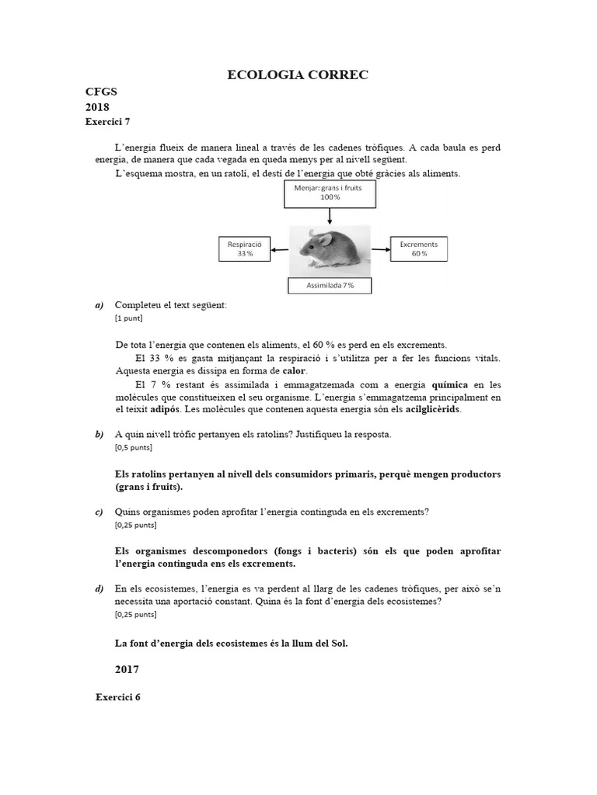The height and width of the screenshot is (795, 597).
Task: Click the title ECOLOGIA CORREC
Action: click(298, 75)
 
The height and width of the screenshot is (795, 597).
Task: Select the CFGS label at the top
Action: click(99, 92)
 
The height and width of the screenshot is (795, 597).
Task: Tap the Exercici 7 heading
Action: click(113, 122)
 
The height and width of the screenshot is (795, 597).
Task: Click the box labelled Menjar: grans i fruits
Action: click(330, 193)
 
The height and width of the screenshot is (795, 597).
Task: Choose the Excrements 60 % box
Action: click(418, 249)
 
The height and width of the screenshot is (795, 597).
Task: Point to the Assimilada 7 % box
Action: click(330, 286)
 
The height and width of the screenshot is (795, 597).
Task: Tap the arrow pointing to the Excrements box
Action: click(380, 250)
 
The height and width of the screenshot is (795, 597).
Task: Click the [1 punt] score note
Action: click(128, 318)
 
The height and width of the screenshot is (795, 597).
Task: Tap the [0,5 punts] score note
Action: click(133, 447)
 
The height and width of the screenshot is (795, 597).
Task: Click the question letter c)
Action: click(99, 512)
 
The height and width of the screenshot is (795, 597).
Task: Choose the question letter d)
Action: click(99, 588)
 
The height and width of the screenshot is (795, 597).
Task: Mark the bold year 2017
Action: click(127, 668)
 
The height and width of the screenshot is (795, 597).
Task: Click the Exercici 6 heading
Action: click(118, 697)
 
